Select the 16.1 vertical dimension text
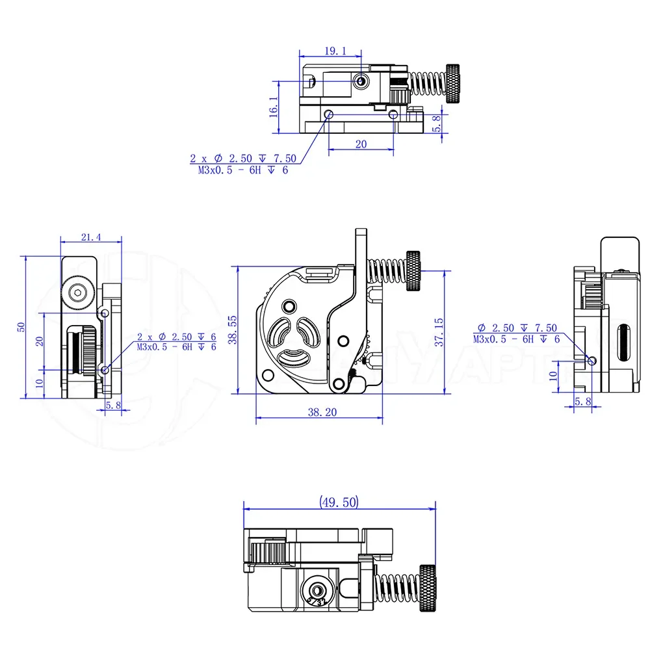273,107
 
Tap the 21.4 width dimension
91,238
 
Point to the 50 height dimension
21,327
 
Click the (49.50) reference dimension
338,502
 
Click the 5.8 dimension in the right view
583,402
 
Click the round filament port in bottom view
317,590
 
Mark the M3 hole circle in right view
591,361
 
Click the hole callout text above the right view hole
517,333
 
